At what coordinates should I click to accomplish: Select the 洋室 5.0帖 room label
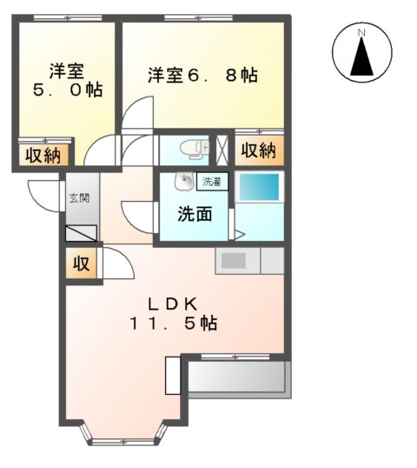tap(66, 80)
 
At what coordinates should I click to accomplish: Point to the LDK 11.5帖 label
tap(175, 313)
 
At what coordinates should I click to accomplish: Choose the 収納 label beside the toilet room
tap(257, 150)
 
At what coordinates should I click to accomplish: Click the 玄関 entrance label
tap(79, 198)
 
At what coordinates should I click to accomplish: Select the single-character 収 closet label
tap(81, 264)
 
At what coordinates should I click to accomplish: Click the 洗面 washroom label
tap(195, 213)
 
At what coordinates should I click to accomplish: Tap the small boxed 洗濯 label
tap(211, 182)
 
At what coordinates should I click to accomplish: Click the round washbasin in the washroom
tap(183, 182)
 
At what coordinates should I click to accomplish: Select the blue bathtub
tap(259, 188)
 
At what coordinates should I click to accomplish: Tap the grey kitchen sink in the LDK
tap(235, 260)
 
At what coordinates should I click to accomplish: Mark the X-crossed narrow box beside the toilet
tap(221, 149)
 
